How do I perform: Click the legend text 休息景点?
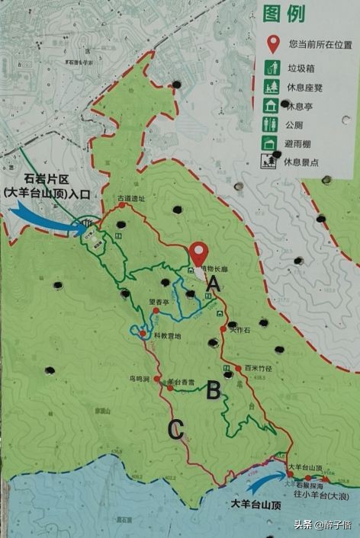coord(303,161)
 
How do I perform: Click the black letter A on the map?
coord(214,284)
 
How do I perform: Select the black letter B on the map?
coord(214,391)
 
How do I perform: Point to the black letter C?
coord(175,431)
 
